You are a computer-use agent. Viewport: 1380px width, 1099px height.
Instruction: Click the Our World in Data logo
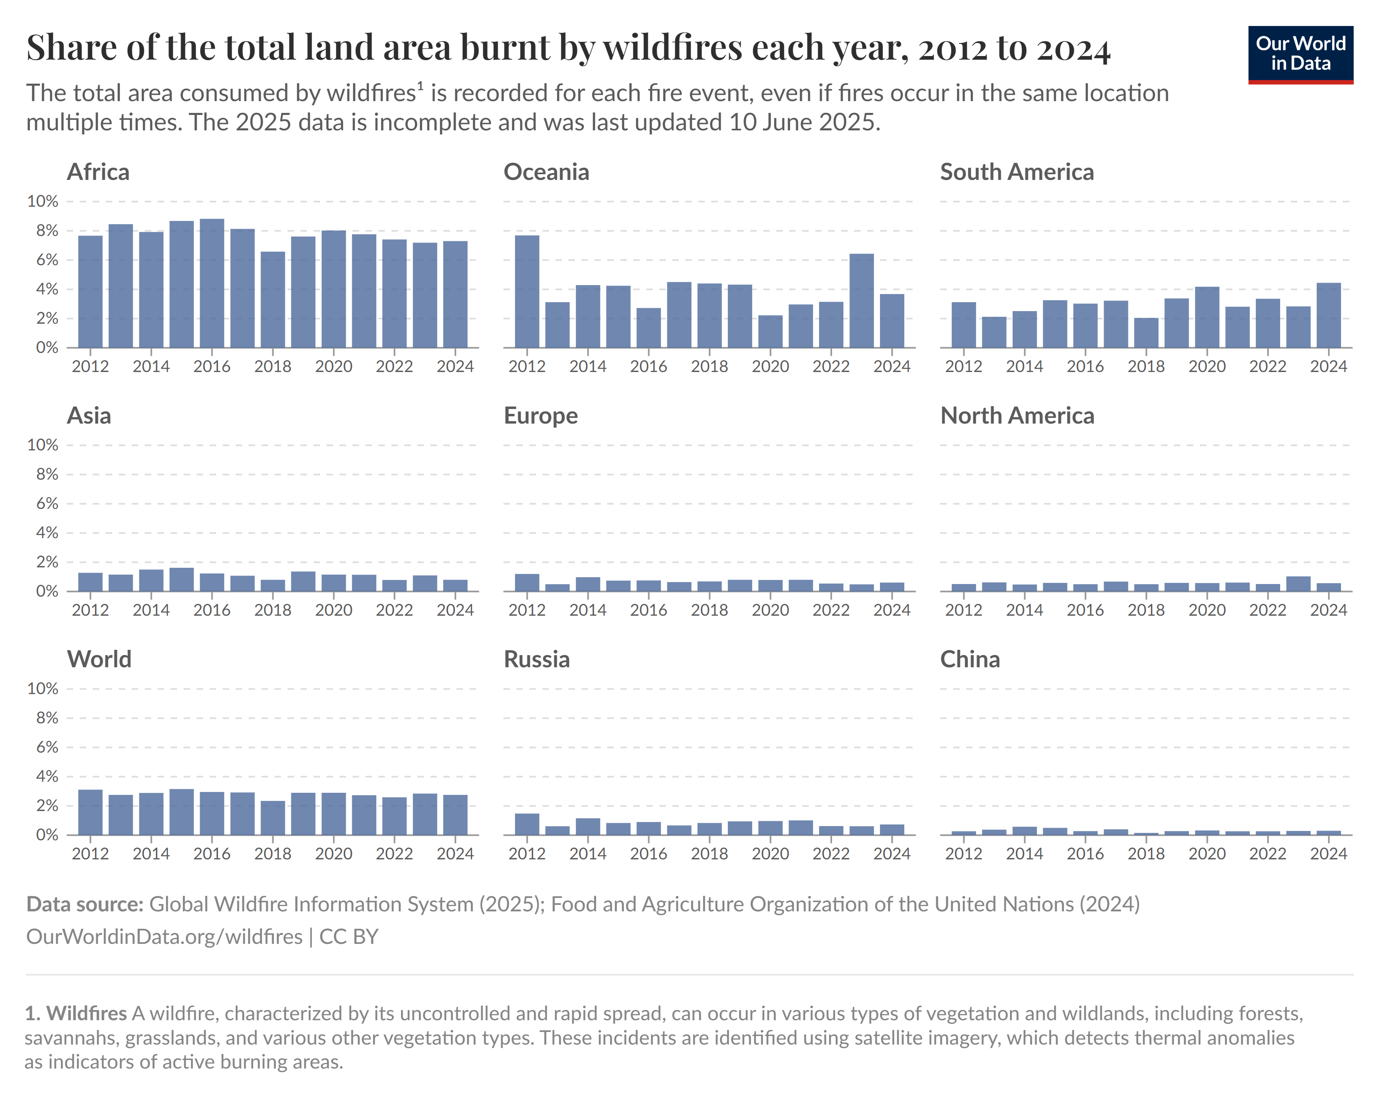[x=1300, y=54]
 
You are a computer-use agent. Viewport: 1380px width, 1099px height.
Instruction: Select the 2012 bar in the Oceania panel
[x=527, y=292]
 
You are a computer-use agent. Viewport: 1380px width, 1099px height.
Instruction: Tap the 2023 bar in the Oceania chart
[x=862, y=301]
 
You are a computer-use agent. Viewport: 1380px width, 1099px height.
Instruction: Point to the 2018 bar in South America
[x=1146, y=333]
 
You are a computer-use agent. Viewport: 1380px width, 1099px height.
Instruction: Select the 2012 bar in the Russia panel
[x=527, y=824]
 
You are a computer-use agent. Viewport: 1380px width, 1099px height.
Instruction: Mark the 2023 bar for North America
[x=1298, y=584]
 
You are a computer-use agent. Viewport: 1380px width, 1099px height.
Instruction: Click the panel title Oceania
[x=546, y=172]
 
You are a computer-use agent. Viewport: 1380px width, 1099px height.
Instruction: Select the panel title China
[x=970, y=660]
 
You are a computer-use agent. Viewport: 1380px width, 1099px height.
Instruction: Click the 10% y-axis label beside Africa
[x=42, y=201]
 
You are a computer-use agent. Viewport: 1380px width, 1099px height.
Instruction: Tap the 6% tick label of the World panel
[x=47, y=747]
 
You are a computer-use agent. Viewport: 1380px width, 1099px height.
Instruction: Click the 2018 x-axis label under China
[x=1146, y=854]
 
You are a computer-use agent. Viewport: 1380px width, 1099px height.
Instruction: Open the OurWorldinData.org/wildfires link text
[x=164, y=937]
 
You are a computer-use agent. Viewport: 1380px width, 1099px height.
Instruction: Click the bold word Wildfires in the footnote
[x=86, y=1013]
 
